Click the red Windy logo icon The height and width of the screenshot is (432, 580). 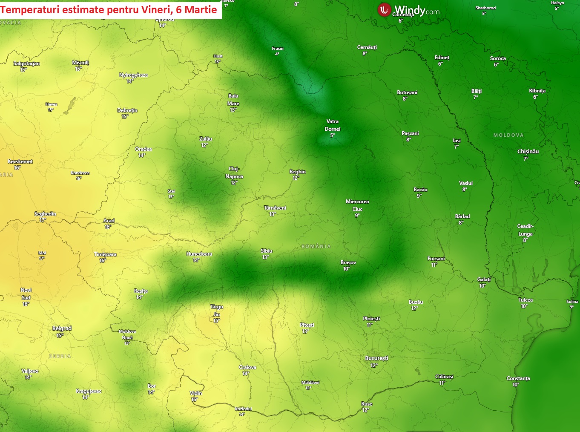pyautogui.click(x=384, y=10)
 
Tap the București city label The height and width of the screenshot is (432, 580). pyautogui.click(x=376, y=358)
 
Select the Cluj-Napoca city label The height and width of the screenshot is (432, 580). pyautogui.click(x=234, y=173)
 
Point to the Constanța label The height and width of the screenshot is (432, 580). pyautogui.click(x=518, y=378)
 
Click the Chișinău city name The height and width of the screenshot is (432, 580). pyautogui.click(x=528, y=152)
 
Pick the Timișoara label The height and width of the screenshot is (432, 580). pyautogui.click(x=105, y=254)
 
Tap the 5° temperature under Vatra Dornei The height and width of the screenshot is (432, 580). pyautogui.click(x=332, y=135)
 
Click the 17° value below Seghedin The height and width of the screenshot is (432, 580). pyautogui.click(x=43, y=220)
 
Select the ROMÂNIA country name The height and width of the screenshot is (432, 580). pyautogui.click(x=316, y=246)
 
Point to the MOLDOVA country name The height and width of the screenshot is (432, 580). pyautogui.click(x=508, y=135)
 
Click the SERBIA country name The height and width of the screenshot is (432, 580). pyautogui.click(x=60, y=356)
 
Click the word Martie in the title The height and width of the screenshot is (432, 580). pyautogui.click(x=201, y=9)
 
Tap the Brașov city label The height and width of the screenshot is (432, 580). pyautogui.click(x=348, y=262)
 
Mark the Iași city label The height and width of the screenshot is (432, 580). pyautogui.click(x=457, y=141)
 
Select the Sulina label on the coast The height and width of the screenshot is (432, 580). pyautogui.click(x=572, y=302)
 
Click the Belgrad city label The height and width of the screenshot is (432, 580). pyautogui.click(x=62, y=328)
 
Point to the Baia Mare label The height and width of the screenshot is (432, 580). pyautogui.click(x=233, y=100)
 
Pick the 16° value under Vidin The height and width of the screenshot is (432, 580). pyautogui.click(x=195, y=400)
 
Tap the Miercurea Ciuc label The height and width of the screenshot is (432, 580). pyautogui.click(x=357, y=205)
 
